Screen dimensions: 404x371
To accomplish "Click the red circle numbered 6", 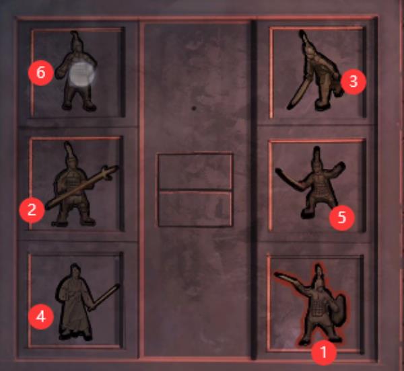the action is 40,73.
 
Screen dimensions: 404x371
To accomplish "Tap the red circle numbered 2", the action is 32,210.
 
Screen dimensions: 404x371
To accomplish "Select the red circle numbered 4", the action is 40,317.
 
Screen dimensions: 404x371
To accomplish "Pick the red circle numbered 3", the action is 353,82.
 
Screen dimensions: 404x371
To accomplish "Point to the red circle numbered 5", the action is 341,218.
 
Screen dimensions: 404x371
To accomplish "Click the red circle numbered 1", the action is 324,352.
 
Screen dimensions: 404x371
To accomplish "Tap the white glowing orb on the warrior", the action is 82,74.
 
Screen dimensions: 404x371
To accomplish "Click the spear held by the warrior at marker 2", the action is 82,187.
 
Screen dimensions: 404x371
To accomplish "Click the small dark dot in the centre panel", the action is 194,108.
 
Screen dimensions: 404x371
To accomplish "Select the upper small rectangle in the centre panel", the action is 195,171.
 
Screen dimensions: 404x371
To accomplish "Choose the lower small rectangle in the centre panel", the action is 195,209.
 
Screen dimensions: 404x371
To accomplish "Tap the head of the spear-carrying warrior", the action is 70,159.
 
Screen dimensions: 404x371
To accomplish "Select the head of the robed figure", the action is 75,272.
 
